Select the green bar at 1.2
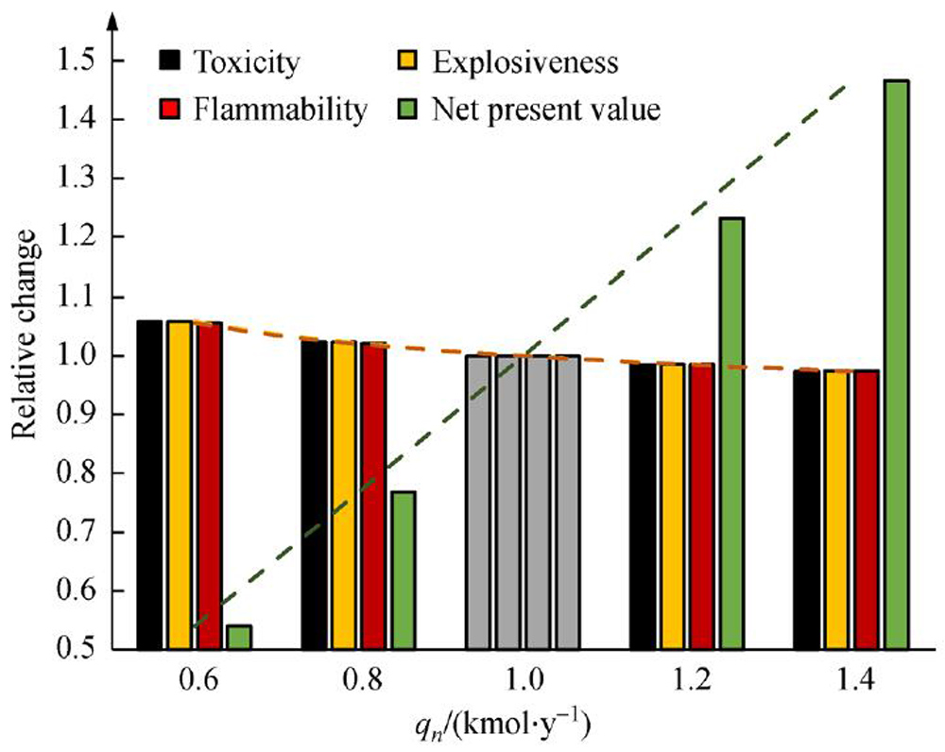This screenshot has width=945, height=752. pos(731,434)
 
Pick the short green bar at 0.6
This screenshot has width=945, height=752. pos(239,637)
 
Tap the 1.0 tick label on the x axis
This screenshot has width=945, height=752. pos(525,678)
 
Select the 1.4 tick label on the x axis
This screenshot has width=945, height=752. pos(853,678)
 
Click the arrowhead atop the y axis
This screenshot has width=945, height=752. pos(113,21)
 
